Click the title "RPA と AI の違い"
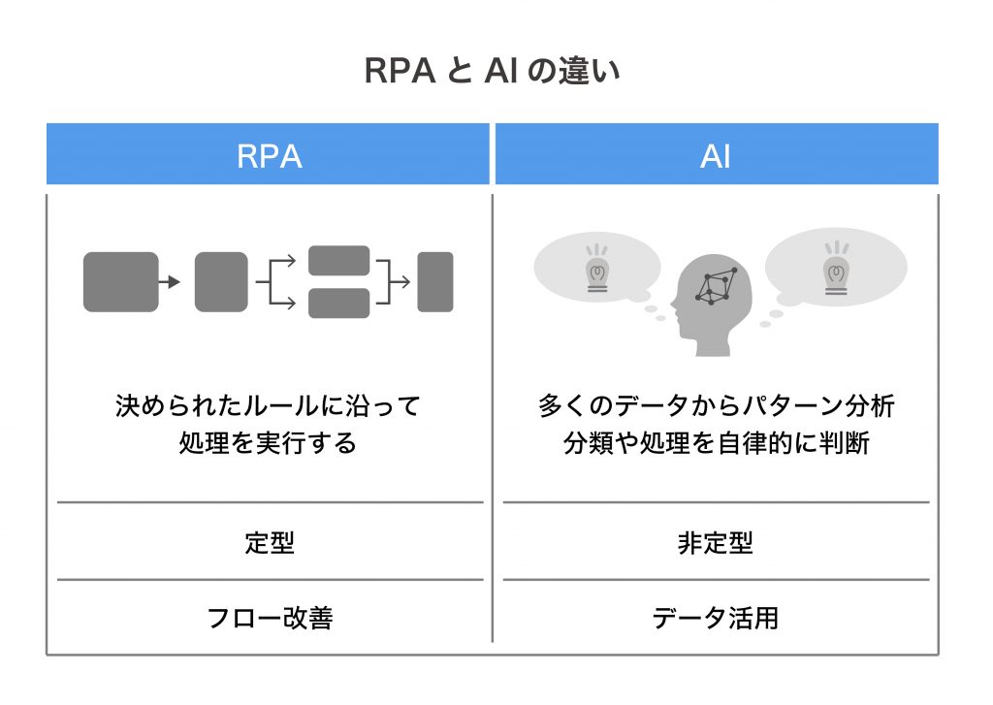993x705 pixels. [x=496, y=72]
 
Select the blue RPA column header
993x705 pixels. [x=269, y=155]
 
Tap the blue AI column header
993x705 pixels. [x=716, y=155]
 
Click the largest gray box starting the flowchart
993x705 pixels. [x=120, y=282]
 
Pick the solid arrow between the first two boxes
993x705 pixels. [x=170, y=282]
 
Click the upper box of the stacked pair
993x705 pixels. [x=338, y=261]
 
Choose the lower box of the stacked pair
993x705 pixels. [x=338, y=304]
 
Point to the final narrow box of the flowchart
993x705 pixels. [x=435, y=282]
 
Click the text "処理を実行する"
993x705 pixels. [x=269, y=443]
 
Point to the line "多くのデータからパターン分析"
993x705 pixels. [x=716, y=405]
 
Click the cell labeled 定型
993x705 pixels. [x=269, y=542]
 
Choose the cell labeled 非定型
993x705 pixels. [x=716, y=542]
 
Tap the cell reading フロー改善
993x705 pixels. [x=269, y=618]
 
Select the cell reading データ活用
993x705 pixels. [x=716, y=618]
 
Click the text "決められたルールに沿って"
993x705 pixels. [x=269, y=405]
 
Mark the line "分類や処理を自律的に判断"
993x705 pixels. [x=716, y=443]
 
